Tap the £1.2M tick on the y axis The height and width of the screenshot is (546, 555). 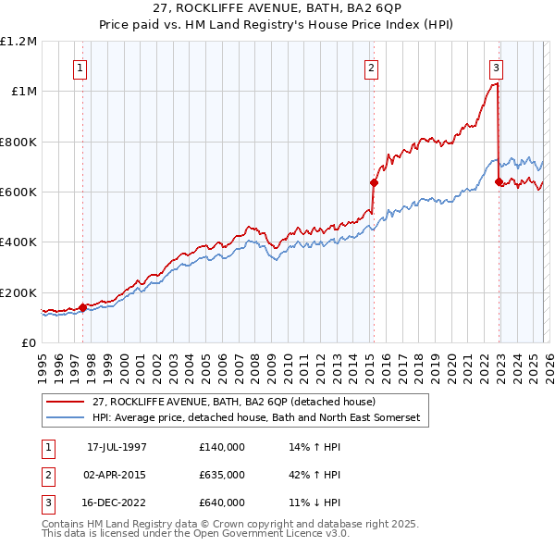click(19, 41)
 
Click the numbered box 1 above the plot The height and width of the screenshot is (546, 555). click(80, 68)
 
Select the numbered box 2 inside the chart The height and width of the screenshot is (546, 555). click(371, 68)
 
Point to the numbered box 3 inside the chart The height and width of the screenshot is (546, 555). click(497, 68)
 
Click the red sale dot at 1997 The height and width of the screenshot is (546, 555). click(82, 307)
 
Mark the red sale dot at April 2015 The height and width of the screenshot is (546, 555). click(374, 183)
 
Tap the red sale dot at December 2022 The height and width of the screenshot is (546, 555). click(499, 181)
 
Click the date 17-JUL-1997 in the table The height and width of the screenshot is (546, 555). click(117, 447)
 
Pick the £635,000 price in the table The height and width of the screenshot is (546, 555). click(221, 475)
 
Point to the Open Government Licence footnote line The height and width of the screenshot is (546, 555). click(195, 534)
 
